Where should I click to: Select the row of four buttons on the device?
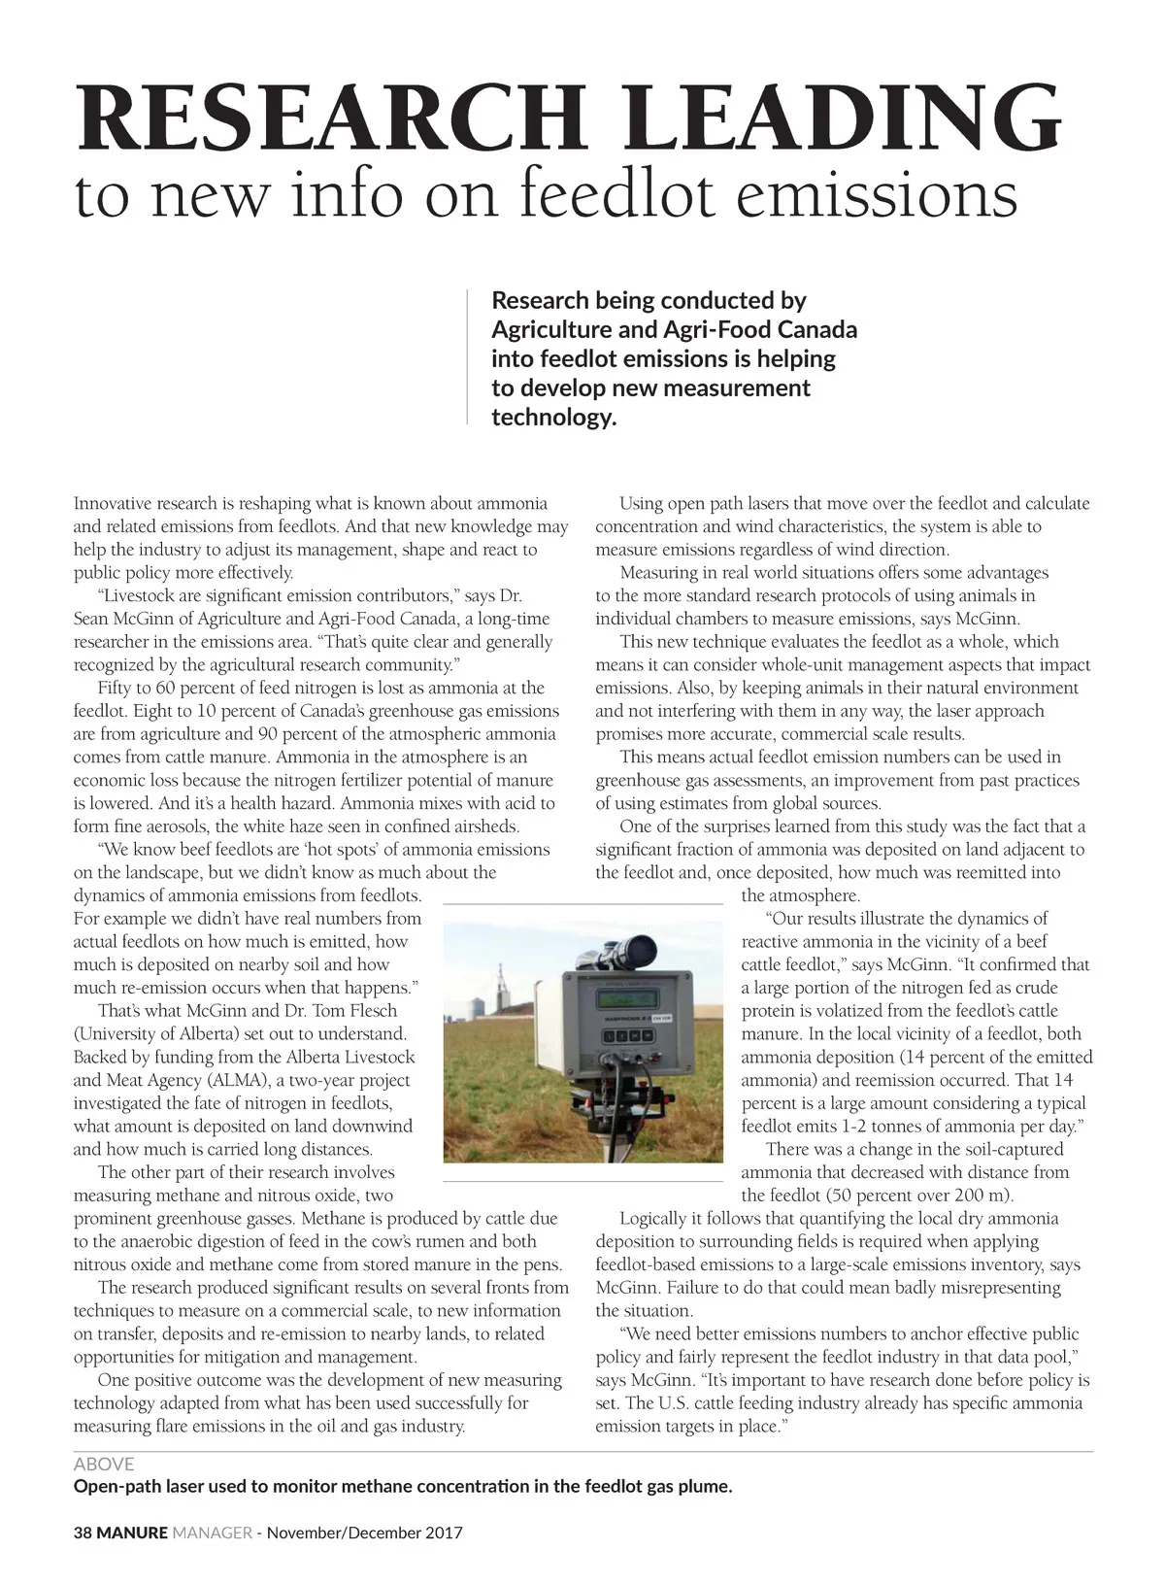623,1035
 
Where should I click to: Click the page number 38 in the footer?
83,1533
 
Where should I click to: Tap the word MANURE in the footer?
132,1533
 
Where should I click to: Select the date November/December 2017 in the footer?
365,1533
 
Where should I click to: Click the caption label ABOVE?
104,1464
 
